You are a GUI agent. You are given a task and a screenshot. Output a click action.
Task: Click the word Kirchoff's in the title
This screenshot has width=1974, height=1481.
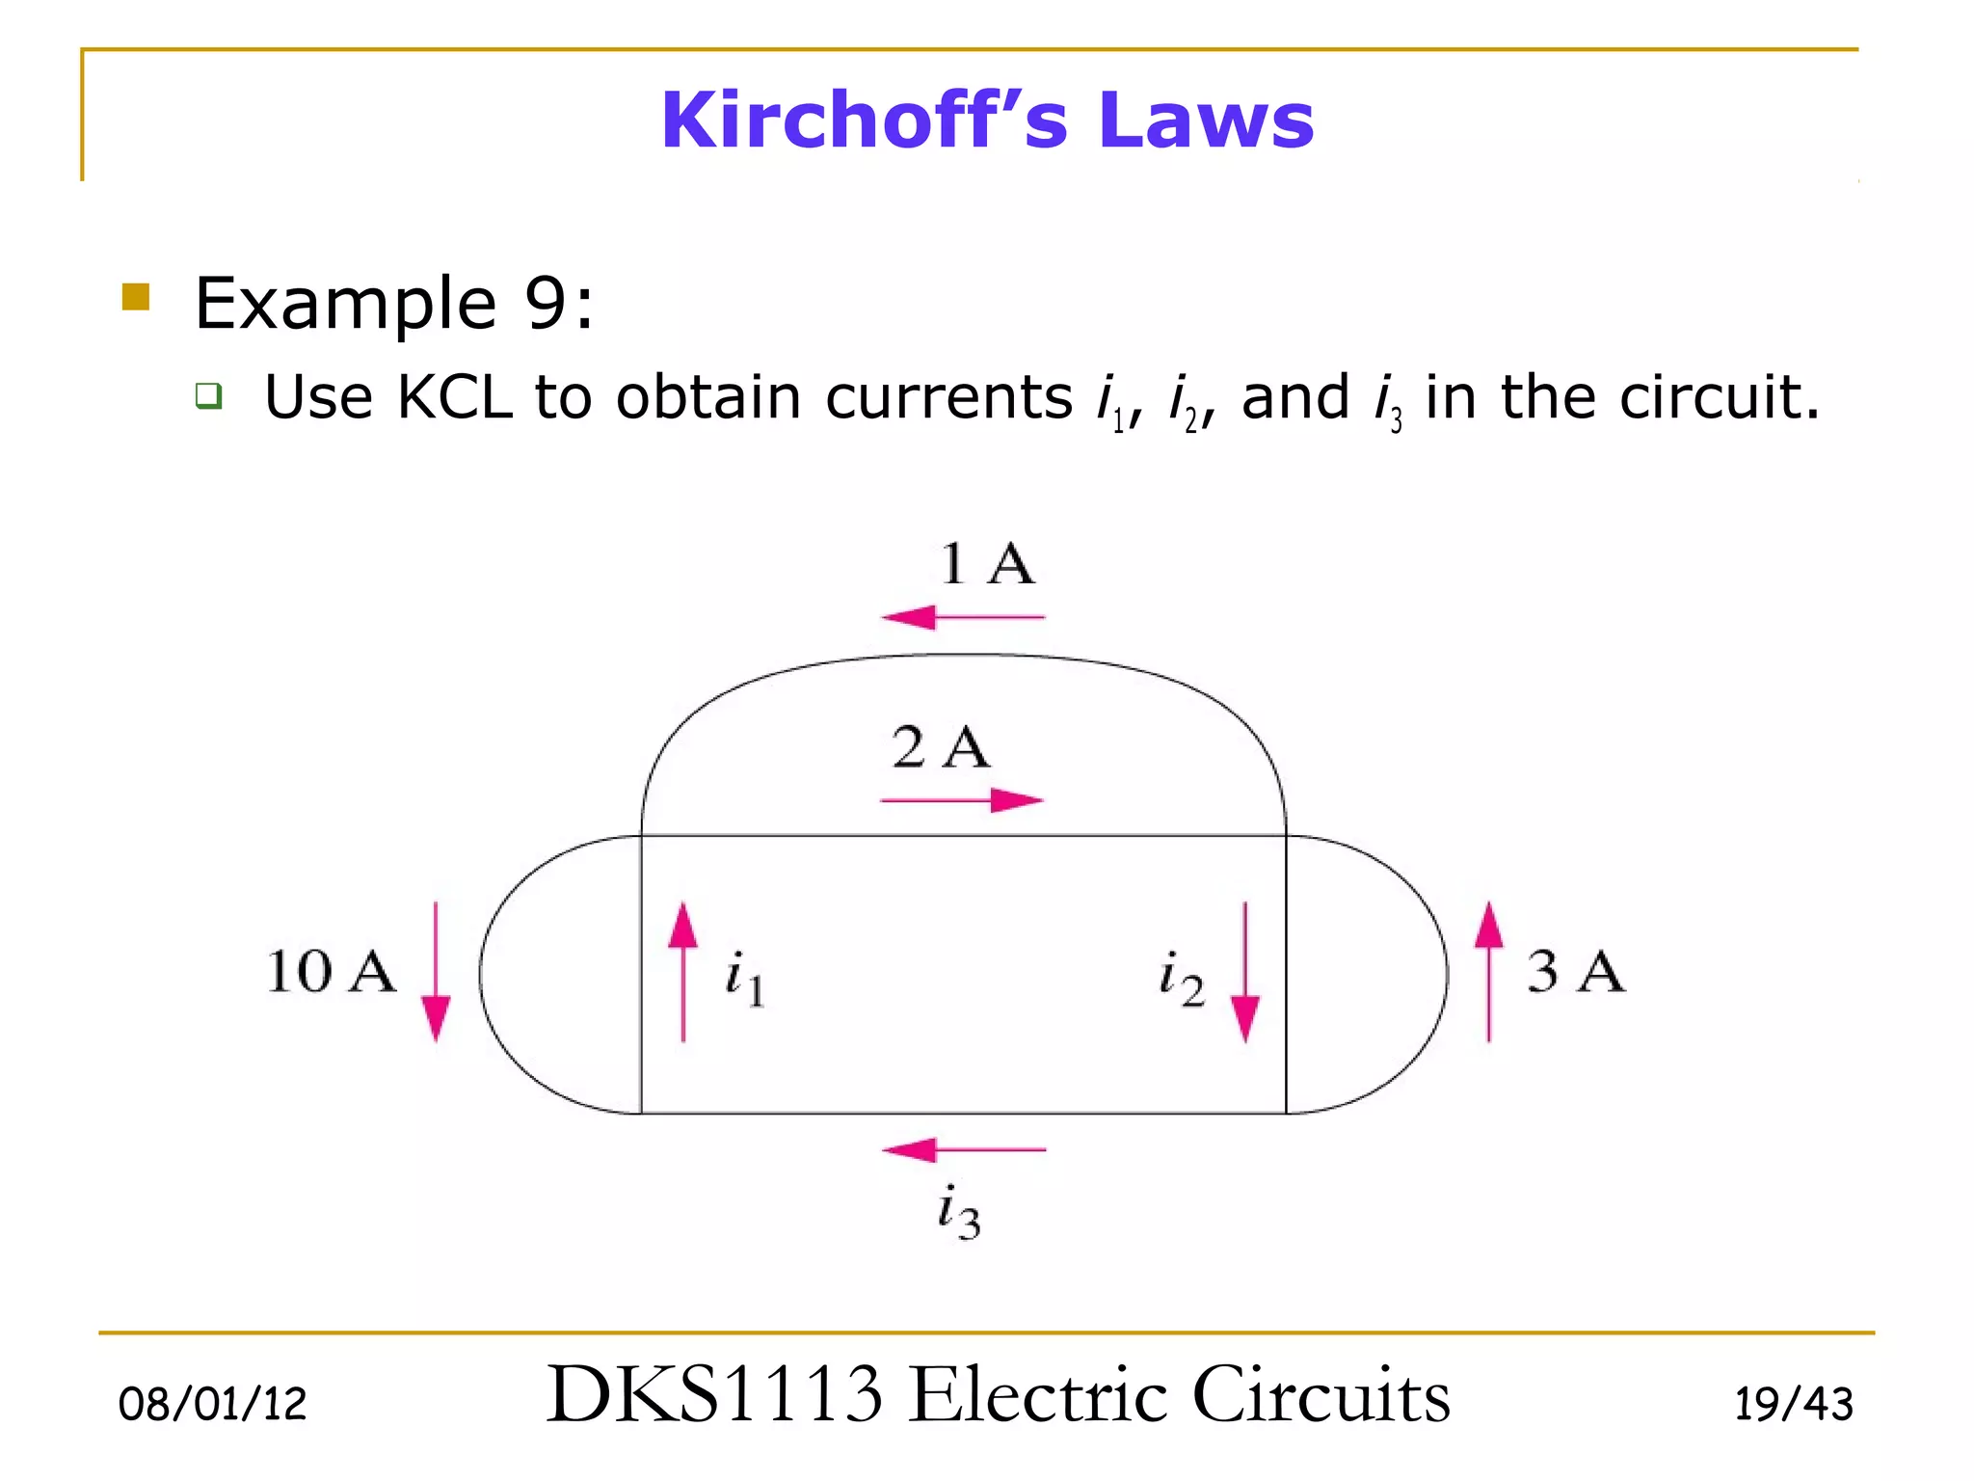pos(864,120)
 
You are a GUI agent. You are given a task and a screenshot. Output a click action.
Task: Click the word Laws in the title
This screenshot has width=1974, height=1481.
pos(1206,120)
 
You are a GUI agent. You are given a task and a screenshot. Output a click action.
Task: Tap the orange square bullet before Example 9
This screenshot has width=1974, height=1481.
pos(136,297)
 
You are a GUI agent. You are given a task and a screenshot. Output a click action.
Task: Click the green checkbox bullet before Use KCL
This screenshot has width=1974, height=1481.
pos(209,395)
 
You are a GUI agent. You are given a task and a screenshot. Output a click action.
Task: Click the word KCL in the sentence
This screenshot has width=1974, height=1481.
pos(455,397)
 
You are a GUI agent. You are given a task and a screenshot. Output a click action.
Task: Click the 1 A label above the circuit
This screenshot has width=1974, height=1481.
pos(986,563)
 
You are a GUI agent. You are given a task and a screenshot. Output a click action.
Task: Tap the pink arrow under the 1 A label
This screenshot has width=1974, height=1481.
pos(963,616)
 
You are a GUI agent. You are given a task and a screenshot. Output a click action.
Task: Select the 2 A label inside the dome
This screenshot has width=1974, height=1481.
pos(940,747)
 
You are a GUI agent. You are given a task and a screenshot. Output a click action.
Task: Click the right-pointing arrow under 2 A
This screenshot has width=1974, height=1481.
pos(962,800)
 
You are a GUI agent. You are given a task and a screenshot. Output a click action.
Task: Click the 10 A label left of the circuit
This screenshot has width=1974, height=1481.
pos(331,971)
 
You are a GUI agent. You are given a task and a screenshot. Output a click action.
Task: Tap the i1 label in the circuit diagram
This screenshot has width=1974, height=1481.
pos(745,978)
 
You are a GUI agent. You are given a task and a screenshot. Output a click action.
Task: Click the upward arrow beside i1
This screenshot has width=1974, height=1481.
pos(683,972)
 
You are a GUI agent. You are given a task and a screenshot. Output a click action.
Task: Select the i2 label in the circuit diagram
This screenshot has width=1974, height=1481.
pos(1181,978)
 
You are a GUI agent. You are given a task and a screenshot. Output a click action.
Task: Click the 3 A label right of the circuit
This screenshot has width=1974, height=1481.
pos(1575,971)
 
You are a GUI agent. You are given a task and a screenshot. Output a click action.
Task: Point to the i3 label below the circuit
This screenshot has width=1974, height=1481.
pos(959,1212)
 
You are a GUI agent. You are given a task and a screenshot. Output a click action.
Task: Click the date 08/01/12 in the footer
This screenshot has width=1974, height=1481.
pos(212,1404)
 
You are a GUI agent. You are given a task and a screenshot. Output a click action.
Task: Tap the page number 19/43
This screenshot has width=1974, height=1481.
pos(1793,1404)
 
